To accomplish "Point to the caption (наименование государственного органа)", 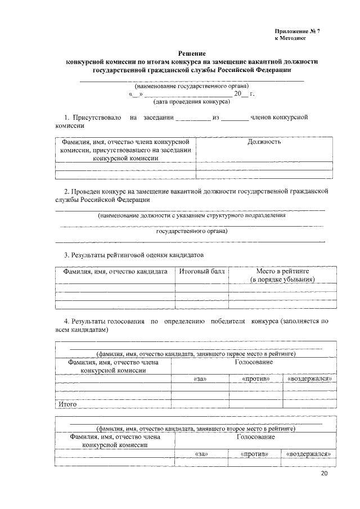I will [191, 86].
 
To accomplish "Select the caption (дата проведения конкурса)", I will [191, 102].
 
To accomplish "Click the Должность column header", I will [264, 142].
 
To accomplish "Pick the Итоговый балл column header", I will [201, 271].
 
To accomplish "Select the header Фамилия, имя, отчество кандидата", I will [115, 271].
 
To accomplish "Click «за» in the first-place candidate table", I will [200, 379].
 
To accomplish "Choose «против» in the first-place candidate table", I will [255, 379].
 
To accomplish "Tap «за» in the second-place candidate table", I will [200, 453].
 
